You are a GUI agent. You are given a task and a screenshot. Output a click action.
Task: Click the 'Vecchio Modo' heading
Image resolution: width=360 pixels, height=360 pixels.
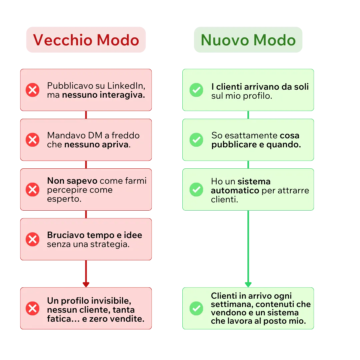pyautogui.click(x=86, y=40)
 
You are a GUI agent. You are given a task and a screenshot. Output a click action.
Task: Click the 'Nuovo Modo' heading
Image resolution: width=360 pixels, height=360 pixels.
pyautogui.click(x=248, y=40)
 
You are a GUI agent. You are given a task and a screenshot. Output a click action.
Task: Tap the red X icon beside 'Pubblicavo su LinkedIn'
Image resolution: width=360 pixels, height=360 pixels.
pyautogui.click(x=33, y=90)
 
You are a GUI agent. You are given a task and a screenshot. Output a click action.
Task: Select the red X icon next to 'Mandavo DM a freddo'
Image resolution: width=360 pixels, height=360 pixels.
pyautogui.click(x=33, y=140)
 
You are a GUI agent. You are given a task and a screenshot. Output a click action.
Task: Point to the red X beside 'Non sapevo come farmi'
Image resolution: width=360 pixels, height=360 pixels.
pyautogui.click(x=33, y=190)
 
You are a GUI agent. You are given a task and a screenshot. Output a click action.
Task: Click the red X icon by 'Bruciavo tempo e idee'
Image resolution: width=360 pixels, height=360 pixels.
pyautogui.click(x=33, y=239)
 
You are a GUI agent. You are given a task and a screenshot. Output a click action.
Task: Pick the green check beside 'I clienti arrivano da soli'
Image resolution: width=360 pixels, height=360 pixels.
pyautogui.click(x=196, y=90)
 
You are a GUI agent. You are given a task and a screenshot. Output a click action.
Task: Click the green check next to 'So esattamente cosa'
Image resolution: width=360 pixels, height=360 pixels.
pyautogui.click(x=196, y=140)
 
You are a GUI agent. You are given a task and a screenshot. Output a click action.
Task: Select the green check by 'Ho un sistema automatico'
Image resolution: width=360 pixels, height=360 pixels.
pyautogui.click(x=196, y=190)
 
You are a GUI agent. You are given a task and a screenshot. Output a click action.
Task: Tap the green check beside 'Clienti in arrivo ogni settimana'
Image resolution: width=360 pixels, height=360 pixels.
pyautogui.click(x=196, y=309)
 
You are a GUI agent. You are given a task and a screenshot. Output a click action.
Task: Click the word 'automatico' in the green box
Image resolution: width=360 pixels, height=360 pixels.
pyautogui.click(x=235, y=191)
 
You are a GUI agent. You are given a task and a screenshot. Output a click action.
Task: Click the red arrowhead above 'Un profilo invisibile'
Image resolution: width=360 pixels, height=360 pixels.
pyautogui.click(x=86, y=284)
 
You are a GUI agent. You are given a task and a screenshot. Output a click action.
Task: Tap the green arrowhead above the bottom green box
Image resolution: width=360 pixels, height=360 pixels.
pyautogui.click(x=248, y=284)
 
